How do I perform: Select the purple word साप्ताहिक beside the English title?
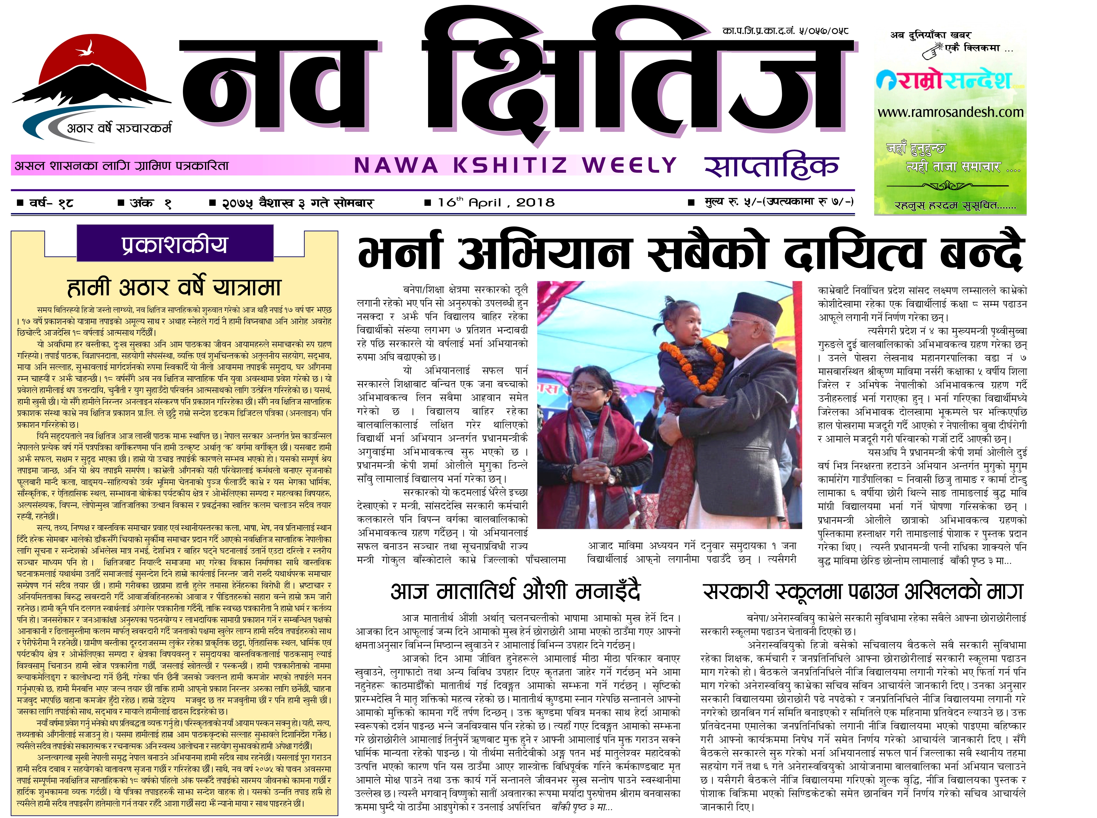click(x=771, y=166)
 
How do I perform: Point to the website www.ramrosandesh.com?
click(x=950, y=112)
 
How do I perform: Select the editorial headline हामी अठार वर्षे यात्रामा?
click(x=174, y=287)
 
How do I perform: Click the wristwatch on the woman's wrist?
click(x=612, y=479)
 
